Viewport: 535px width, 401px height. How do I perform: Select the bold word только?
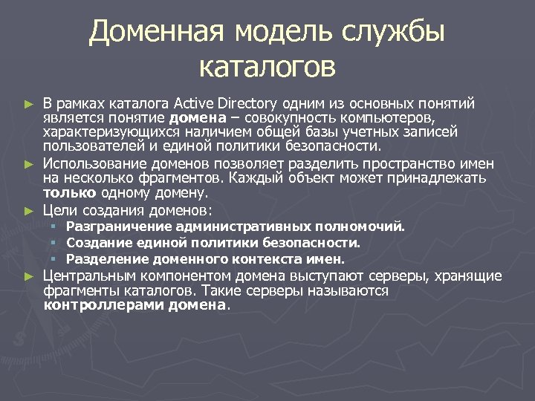[x=65, y=194]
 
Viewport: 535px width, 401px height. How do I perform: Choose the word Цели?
[x=58, y=210]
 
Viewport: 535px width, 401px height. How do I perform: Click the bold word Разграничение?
[x=111, y=226]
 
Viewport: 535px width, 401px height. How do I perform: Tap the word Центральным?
[x=85, y=276]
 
